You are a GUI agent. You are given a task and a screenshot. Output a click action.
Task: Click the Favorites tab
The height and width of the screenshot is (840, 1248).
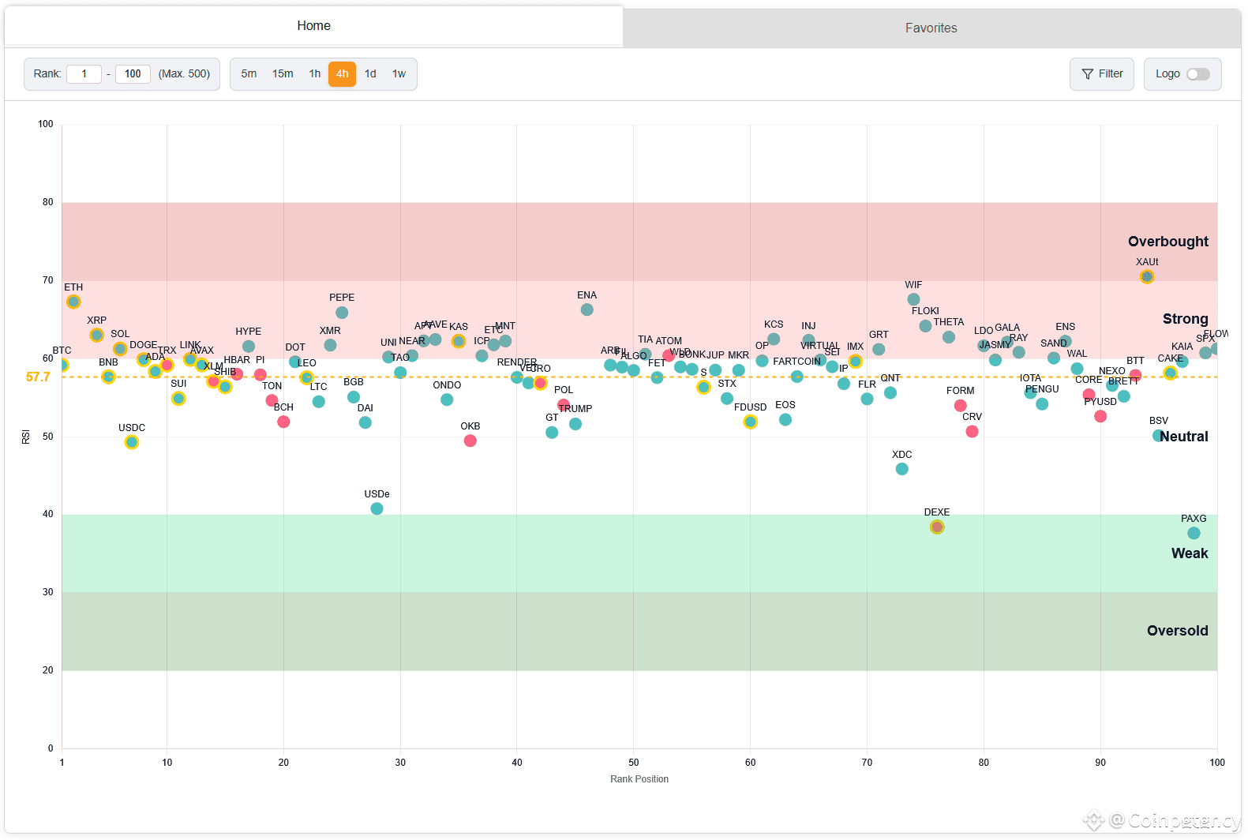point(931,28)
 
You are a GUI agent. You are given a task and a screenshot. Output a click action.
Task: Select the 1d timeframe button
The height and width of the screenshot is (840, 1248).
point(370,74)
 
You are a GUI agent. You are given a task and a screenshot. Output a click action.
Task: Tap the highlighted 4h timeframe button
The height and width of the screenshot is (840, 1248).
point(342,74)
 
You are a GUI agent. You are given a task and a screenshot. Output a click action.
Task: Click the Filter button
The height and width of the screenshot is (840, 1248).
point(1101,74)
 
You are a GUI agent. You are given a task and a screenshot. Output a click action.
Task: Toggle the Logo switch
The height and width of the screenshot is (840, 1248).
point(1197,74)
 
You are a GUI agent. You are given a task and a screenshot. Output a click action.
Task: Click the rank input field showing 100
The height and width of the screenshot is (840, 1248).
point(133,74)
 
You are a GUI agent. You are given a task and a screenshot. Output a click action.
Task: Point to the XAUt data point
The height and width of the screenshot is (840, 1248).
point(1146,276)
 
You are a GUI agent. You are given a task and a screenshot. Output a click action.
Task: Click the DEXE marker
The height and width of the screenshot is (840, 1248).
point(936,527)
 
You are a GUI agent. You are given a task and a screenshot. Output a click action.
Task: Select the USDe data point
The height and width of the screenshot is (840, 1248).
point(377,508)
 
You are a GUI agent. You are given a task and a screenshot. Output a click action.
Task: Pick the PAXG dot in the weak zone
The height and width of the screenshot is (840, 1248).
point(1193,533)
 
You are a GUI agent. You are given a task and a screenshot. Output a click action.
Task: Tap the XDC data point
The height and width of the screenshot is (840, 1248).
point(901,469)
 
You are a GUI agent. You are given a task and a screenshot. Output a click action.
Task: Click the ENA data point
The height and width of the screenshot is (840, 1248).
point(587,309)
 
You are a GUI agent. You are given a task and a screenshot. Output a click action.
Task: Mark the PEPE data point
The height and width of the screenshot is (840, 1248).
point(342,313)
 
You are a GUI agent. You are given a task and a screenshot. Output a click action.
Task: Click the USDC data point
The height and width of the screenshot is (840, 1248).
point(132,442)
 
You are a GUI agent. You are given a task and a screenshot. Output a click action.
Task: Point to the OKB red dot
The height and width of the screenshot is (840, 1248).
point(470,441)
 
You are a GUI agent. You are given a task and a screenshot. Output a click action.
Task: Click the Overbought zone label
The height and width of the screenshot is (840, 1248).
point(1167,242)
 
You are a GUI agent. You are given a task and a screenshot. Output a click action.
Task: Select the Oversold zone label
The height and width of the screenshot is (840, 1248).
point(1177,631)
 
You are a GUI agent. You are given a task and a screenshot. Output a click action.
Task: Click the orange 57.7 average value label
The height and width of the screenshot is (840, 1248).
point(38,377)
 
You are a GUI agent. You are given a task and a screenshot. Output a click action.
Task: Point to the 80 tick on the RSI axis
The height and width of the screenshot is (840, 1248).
point(48,202)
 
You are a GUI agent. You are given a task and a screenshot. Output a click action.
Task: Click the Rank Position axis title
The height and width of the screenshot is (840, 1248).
point(639,779)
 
